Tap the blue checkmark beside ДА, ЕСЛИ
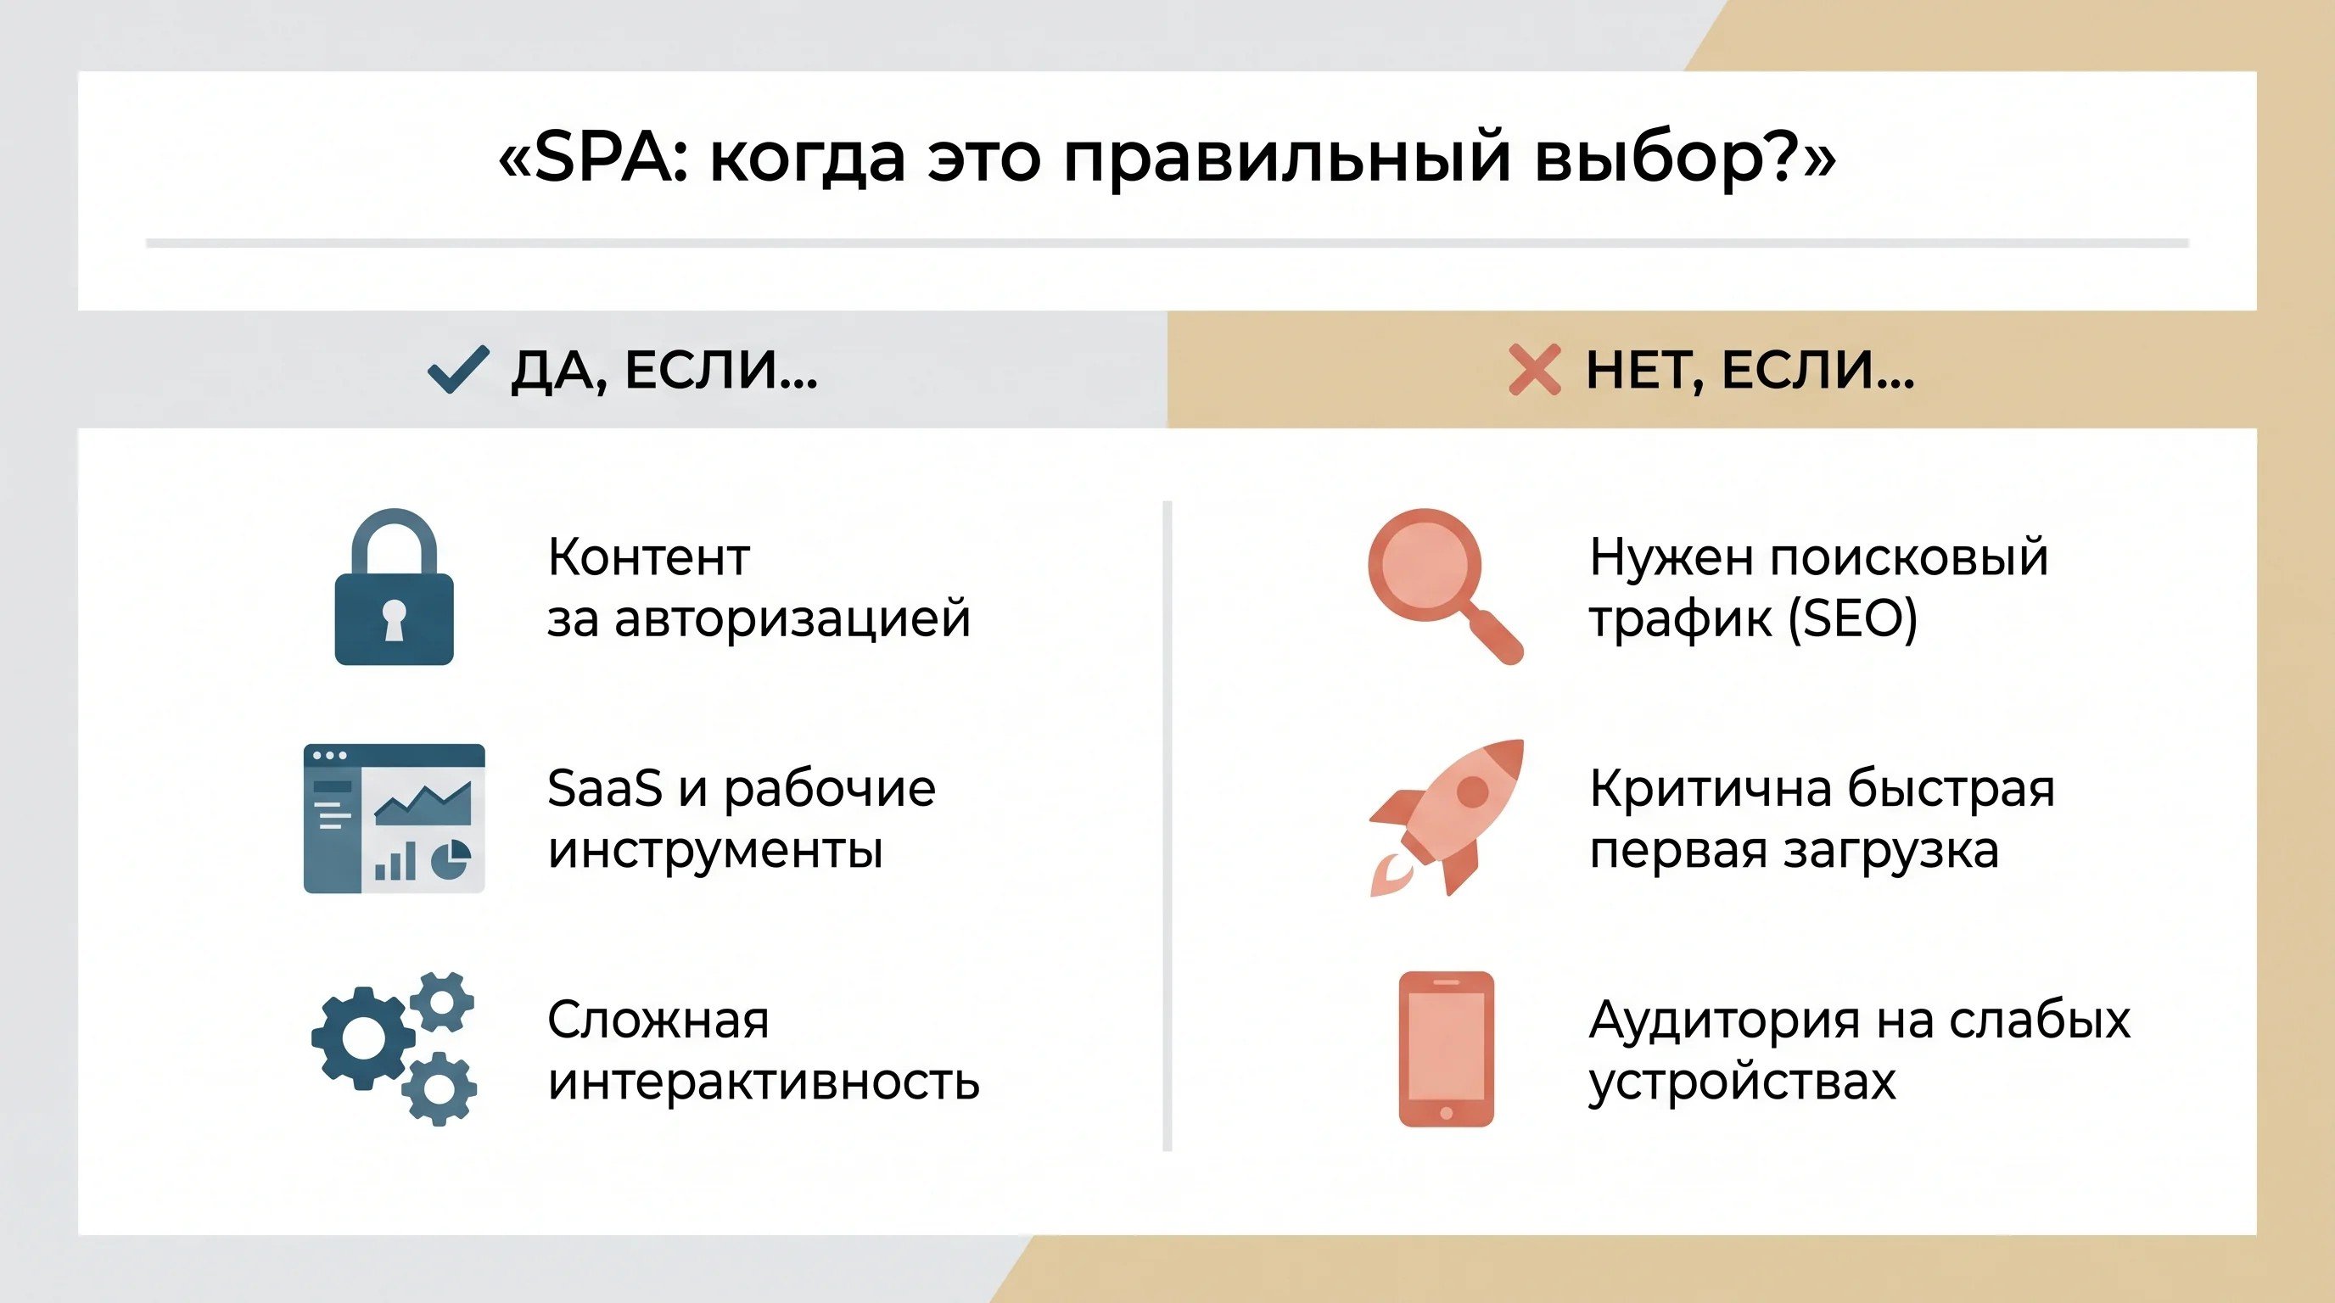point(458,370)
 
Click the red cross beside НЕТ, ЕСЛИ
point(1534,370)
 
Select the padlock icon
point(395,586)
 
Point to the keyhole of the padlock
point(394,620)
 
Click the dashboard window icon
point(395,819)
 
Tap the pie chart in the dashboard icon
point(451,859)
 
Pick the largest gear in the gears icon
point(363,1037)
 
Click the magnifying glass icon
point(1445,586)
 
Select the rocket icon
point(1447,817)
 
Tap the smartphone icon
point(1446,1049)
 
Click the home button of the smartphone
point(1446,1113)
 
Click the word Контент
point(649,556)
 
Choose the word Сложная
point(658,1021)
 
